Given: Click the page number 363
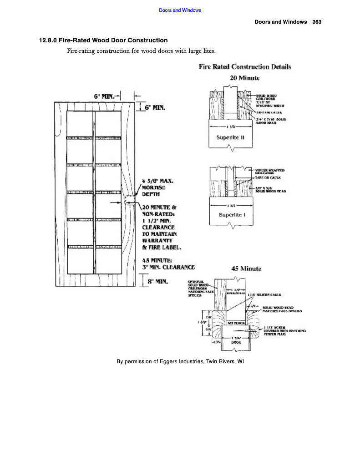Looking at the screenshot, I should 317,22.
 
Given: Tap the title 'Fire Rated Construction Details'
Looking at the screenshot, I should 245,67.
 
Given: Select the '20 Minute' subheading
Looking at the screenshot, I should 245,78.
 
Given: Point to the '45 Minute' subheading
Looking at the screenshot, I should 246,268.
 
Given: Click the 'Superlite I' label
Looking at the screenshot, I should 232,215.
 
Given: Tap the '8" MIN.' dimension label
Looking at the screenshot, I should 158,282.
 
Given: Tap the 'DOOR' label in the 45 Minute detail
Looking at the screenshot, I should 236,342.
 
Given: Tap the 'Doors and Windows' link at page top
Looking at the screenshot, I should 180,10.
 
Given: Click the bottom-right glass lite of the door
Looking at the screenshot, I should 109,261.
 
